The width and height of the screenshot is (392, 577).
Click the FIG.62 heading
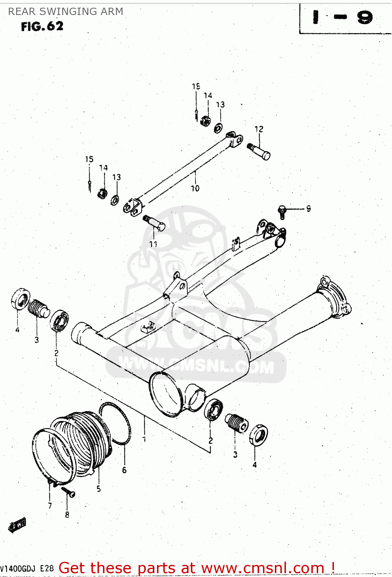click(42, 26)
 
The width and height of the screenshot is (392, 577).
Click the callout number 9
click(308, 208)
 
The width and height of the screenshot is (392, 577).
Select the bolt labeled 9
click(282, 212)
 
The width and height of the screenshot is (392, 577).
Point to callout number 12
click(259, 129)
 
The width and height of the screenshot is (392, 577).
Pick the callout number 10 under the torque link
click(195, 188)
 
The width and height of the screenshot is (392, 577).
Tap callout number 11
click(153, 244)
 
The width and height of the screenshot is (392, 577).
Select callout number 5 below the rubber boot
click(99, 489)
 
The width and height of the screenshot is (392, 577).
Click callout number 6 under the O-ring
click(124, 470)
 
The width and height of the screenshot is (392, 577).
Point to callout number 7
click(50, 505)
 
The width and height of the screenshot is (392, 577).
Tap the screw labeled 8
click(68, 492)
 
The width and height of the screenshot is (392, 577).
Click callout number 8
click(67, 515)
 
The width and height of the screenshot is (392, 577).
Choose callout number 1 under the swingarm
click(144, 439)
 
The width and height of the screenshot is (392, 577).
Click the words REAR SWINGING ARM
click(66, 12)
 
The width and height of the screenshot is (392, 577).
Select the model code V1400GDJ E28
click(27, 569)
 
